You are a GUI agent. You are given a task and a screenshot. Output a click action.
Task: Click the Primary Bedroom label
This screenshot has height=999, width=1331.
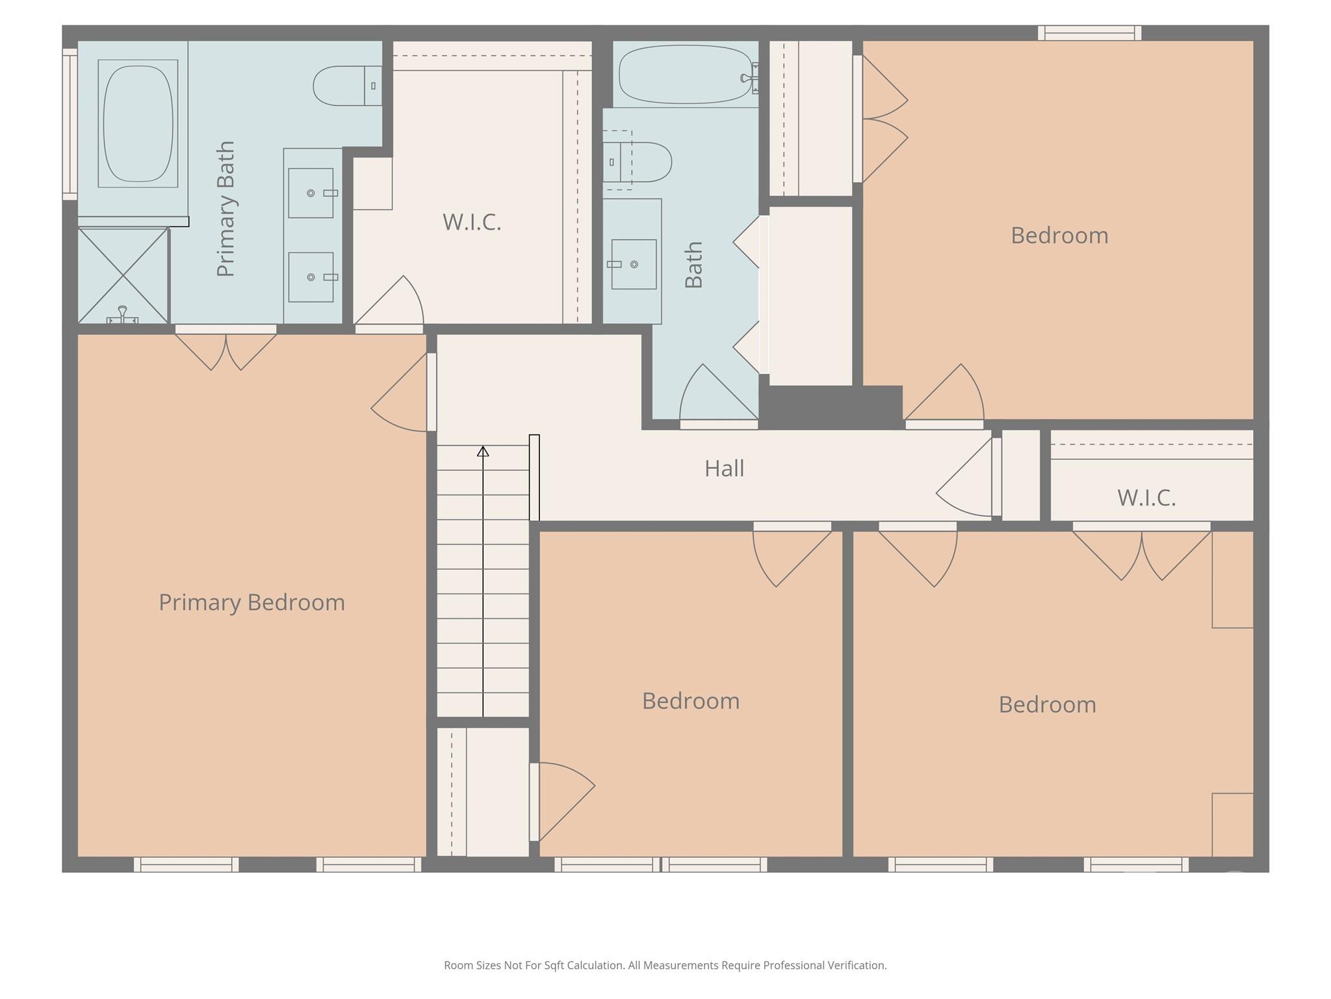[x=252, y=602]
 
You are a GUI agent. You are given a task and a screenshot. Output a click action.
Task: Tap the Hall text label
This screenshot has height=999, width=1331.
[x=724, y=468]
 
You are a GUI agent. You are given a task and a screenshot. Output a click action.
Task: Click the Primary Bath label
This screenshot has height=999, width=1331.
[x=226, y=209]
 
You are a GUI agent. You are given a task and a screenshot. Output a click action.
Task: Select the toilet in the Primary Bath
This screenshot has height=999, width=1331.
[x=348, y=85]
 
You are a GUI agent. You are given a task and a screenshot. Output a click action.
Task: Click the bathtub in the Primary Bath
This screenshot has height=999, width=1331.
[x=138, y=124]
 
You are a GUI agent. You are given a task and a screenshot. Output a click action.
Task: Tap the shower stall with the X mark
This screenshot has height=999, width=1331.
[x=123, y=275]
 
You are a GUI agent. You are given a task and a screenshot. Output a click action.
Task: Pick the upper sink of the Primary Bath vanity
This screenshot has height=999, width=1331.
[x=311, y=193]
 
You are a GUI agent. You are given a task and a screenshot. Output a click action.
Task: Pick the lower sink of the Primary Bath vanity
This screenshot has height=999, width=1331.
[x=311, y=277]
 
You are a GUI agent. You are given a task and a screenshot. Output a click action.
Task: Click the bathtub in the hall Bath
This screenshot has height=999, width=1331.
[x=686, y=74]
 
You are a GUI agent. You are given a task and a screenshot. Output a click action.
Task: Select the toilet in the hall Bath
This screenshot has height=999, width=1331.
[x=637, y=162]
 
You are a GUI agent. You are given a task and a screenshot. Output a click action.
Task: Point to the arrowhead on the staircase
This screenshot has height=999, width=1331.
[x=483, y=451]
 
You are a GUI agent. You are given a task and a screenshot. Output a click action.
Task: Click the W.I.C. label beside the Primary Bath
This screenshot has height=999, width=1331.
[x=472, y=222]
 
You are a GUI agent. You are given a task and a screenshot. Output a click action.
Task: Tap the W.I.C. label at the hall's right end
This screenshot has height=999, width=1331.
[x=1146, y=498]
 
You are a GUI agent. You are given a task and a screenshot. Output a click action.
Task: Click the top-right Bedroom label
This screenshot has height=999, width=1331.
[x=1059, y=235]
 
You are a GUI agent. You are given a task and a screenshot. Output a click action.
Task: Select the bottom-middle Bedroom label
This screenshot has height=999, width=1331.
[x=691, y=701]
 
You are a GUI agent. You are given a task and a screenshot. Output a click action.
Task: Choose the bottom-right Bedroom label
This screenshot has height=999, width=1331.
[x=1047, y=705]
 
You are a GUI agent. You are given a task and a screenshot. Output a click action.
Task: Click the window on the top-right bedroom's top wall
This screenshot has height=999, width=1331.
[x=1089, y=33]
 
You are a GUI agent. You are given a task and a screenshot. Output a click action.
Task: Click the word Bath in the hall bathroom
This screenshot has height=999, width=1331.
[x=694, y=265]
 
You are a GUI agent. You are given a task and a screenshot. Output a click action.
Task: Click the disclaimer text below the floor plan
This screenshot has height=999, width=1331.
[x=665, y=965]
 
